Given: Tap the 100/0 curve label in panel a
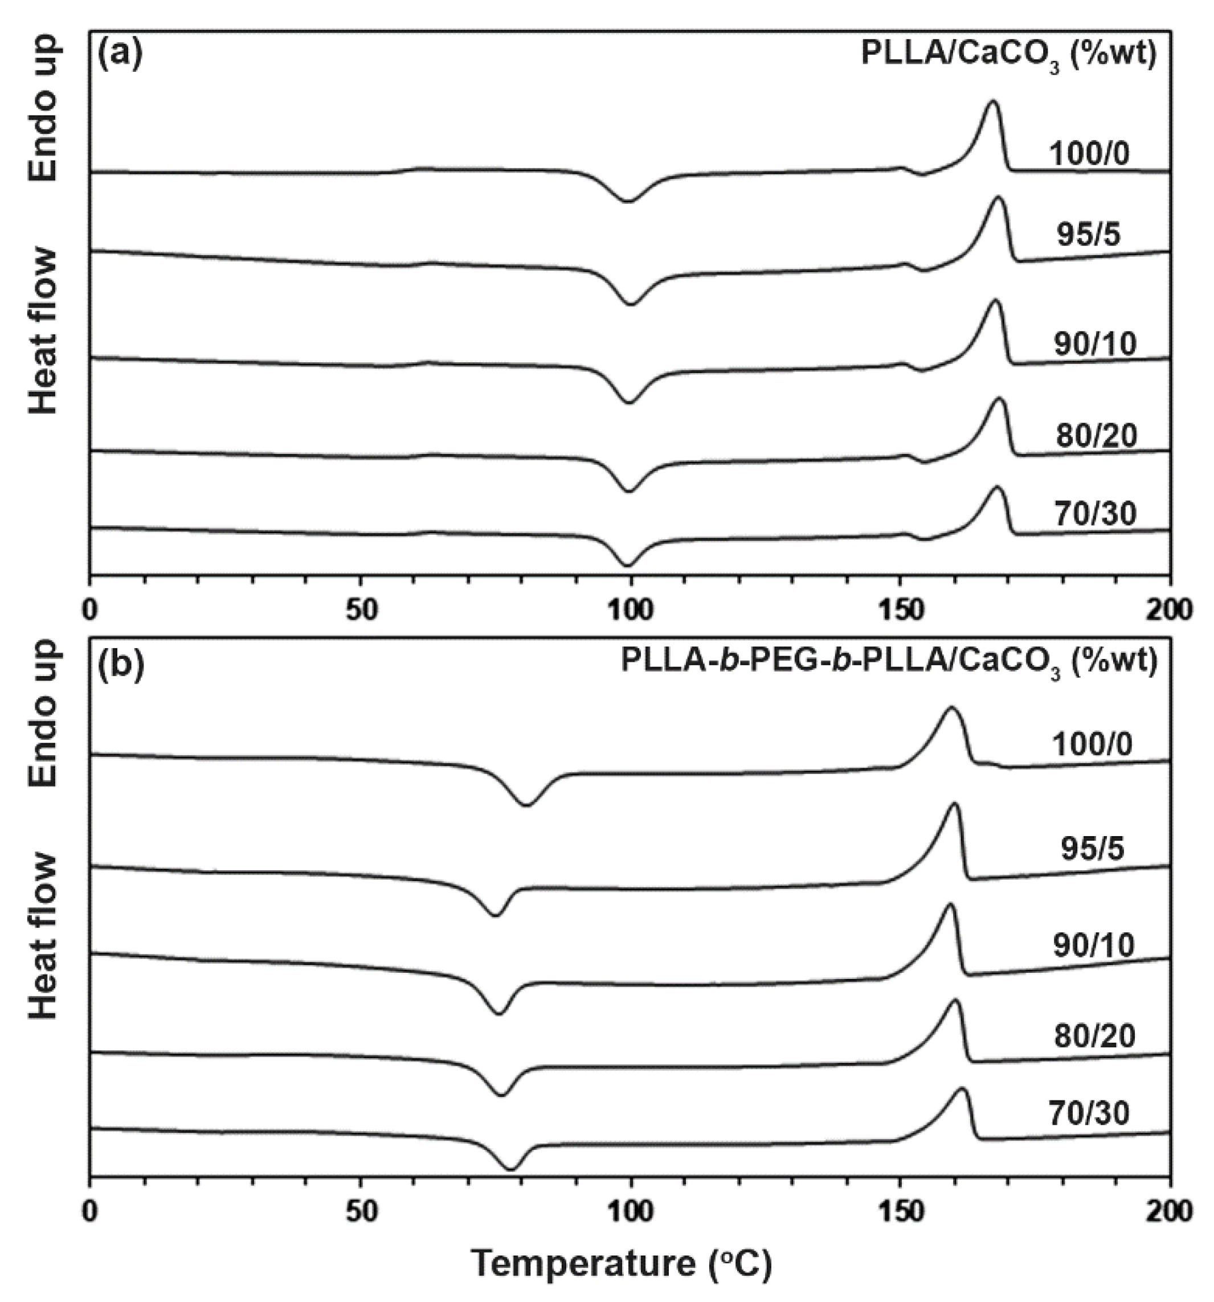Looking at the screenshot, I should [x=1089, y=154].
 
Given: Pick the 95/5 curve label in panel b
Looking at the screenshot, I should [x=1092, y=849].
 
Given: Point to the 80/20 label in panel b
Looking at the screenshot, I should [x=1095, y=1037].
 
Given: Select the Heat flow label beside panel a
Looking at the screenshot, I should [x=44, y=331].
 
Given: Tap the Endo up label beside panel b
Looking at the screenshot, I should [x=44, y=714].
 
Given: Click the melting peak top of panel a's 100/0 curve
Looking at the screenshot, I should [x=992, y=101].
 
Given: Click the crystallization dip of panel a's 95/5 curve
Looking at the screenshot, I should [x=630, y=305].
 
